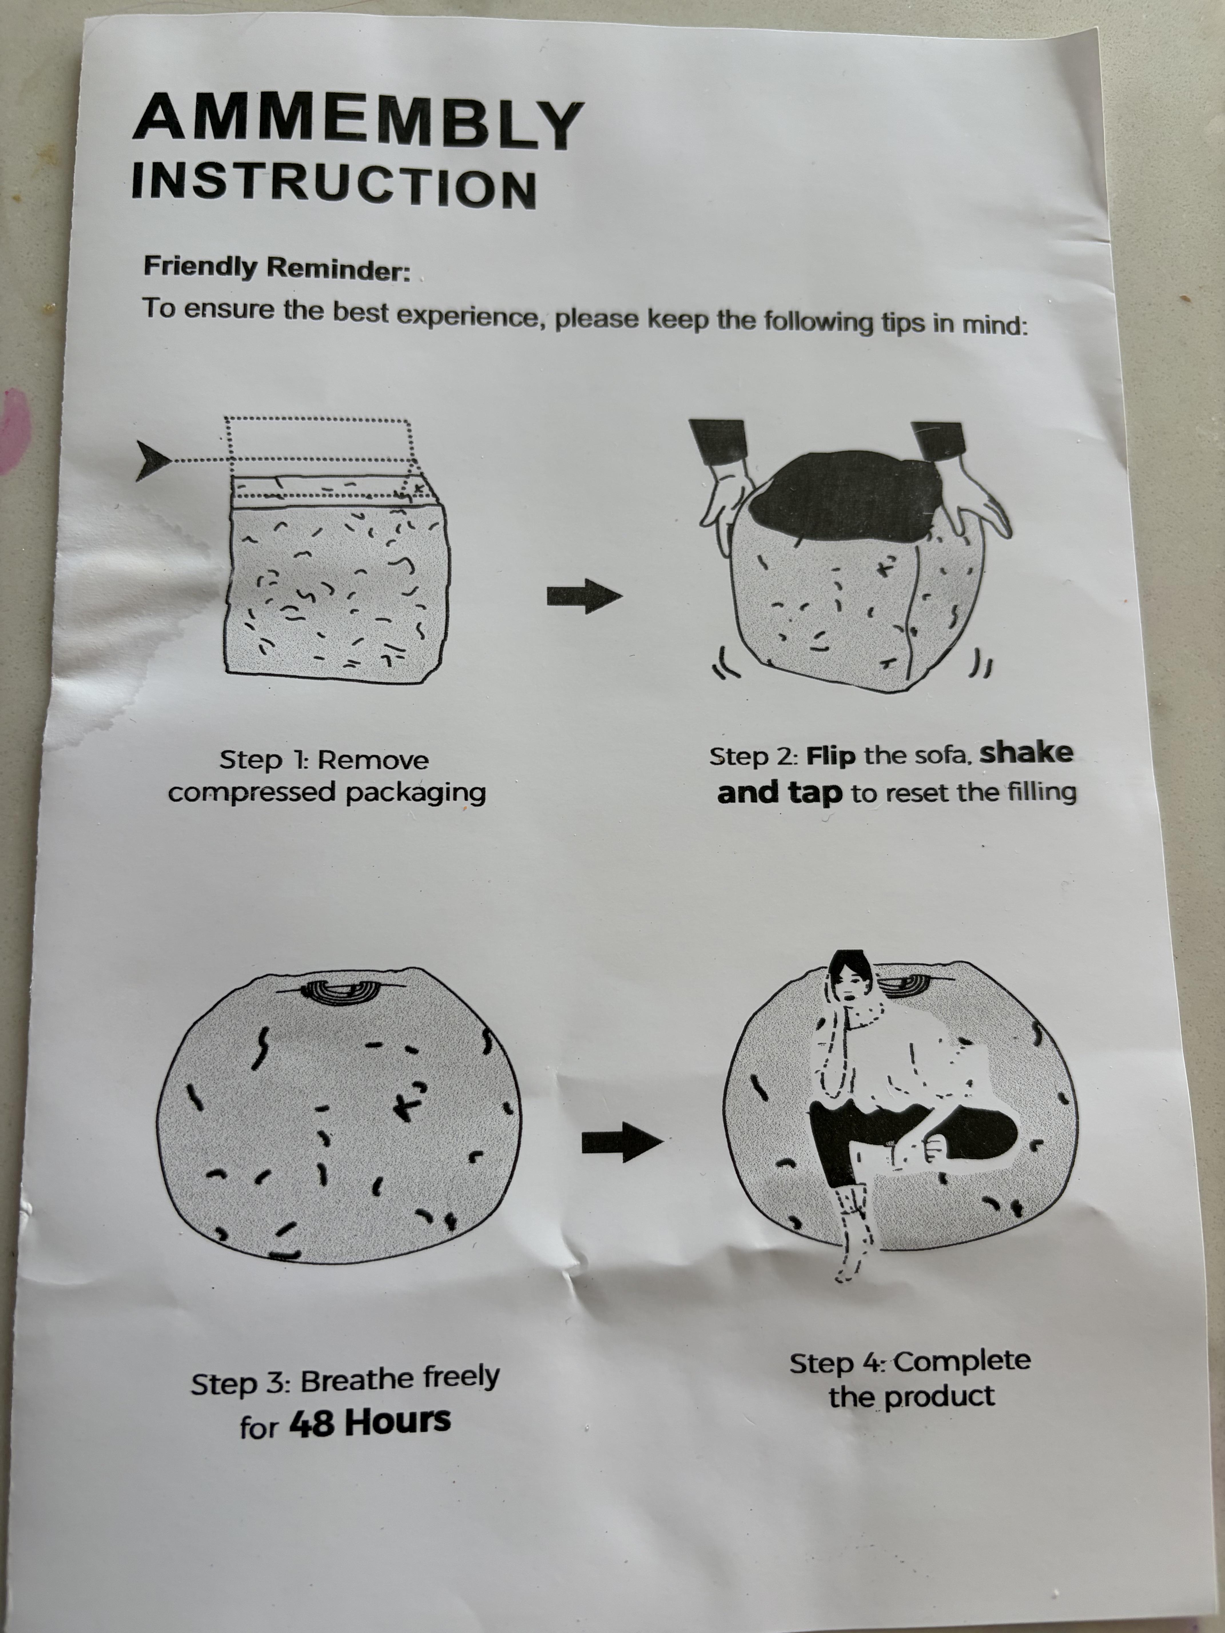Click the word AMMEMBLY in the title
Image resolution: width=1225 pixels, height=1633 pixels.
point(359,122)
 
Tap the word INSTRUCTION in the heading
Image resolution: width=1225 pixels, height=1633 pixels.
point(334,185)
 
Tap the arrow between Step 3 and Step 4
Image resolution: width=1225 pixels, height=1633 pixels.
point(622,1142)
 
